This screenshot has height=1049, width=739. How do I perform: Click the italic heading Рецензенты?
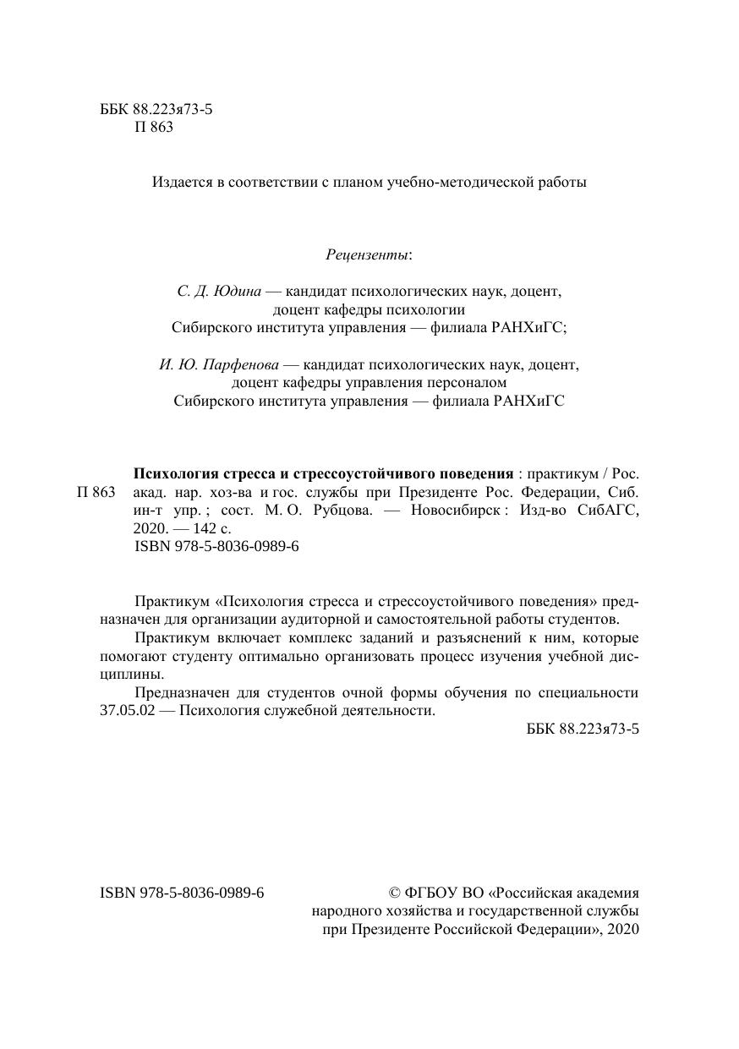(x=368, y=254)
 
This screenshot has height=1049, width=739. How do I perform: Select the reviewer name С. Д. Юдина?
(x=219, y=292)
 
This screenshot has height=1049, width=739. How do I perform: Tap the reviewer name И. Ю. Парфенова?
(x=219, y=365)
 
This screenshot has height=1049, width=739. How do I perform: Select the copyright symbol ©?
(x=393, y=892)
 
